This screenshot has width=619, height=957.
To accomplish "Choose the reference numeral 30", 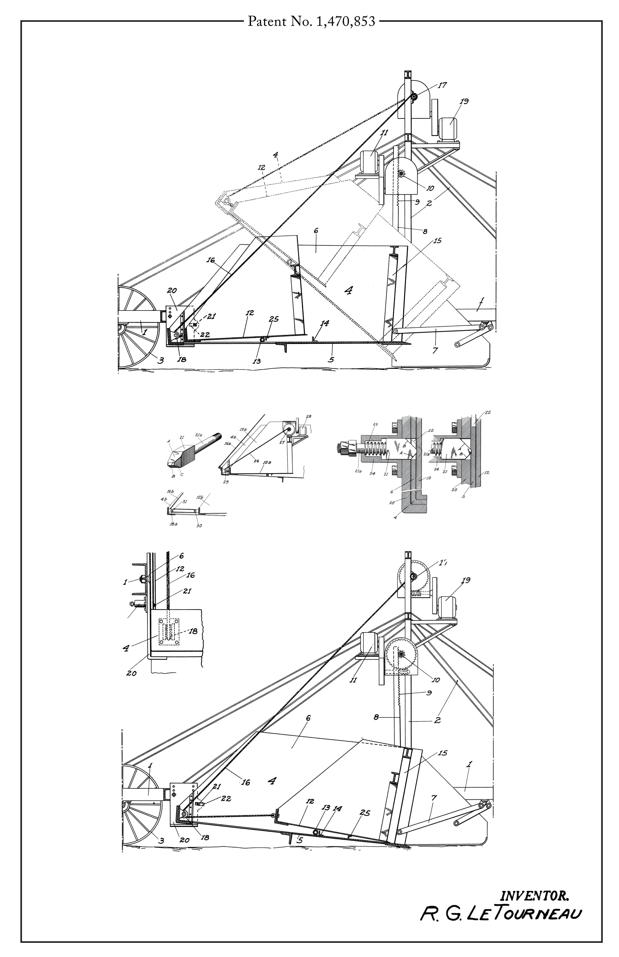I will [199, 525].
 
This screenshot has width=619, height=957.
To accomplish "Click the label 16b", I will [171, 491].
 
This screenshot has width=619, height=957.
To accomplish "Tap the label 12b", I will [200, 497].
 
